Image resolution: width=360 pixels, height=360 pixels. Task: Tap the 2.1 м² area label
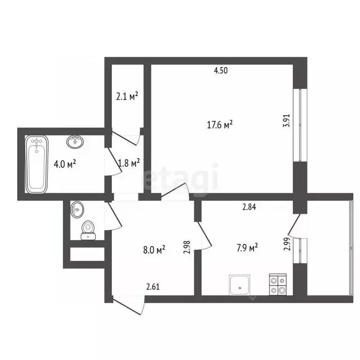point(127,97)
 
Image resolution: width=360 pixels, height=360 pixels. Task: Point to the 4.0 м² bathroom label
point(65,164)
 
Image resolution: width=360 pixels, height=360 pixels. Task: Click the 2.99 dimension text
point(286,245)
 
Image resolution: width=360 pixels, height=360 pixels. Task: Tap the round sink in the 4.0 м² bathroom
point(75,141)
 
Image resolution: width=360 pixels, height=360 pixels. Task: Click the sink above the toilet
point(77,209)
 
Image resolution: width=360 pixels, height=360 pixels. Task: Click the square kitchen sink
point(241,285)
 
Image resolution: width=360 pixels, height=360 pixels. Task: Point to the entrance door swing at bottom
point(129,307)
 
